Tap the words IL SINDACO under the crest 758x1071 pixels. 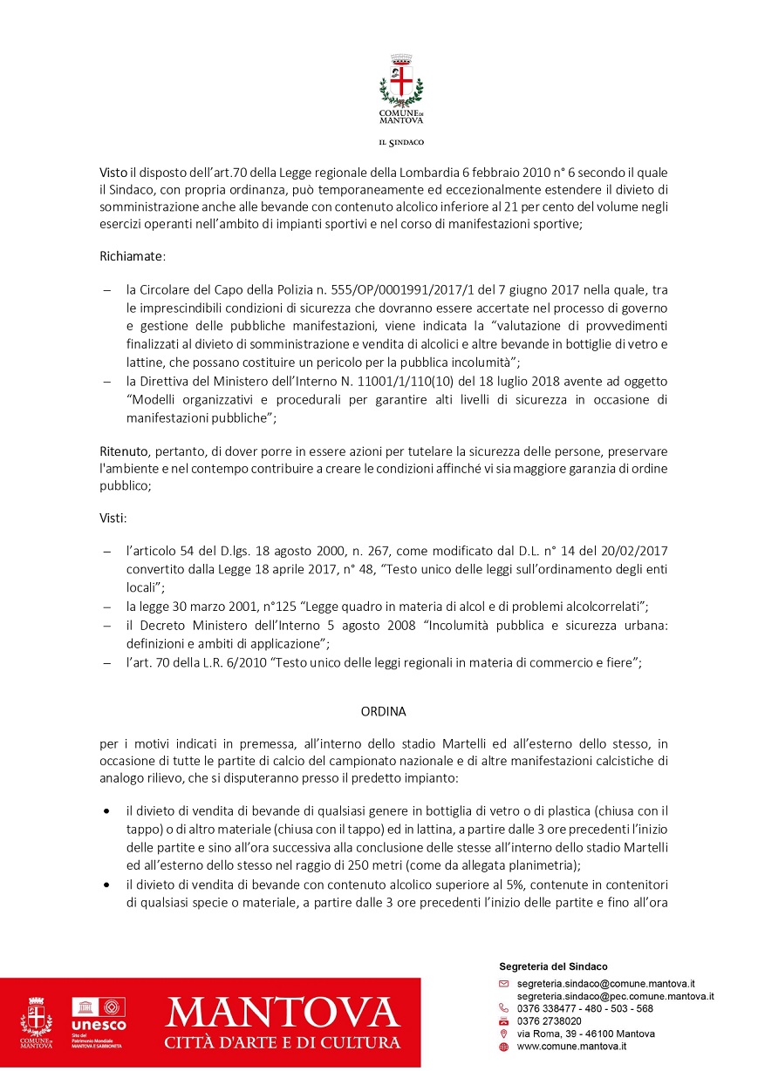point(401,141)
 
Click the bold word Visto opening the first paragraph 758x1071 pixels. point(113,173)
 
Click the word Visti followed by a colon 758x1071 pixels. point(113,519)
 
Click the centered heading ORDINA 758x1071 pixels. point(384,711)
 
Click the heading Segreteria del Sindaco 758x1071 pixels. point(553,966)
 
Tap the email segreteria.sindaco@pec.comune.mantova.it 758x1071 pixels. point(616,995)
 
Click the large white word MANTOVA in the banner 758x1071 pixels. point(283,1012)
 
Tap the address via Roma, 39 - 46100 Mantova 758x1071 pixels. point(586,1034)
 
